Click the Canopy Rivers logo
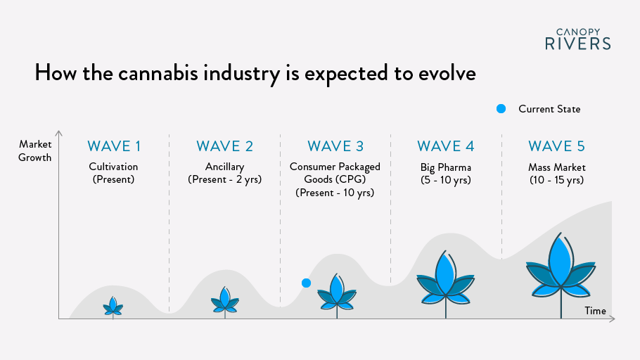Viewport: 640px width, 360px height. (x=578, y=39)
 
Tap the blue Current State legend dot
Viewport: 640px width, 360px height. (x=501, y=109)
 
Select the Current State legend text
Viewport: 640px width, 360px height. (x=549, y=109)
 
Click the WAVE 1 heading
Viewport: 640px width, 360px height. (x=114, y=146)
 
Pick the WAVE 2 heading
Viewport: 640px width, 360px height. (x=225, y=146)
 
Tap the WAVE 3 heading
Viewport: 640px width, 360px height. (x=335, y=146)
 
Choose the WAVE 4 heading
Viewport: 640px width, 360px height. (x=446, y=146)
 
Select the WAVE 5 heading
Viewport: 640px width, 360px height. (x=557, y=146)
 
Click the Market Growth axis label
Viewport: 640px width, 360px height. (x=35, y=150)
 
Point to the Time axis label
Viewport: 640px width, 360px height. (x=595, y=311)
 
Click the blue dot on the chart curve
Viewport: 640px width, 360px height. (x=306, y=283)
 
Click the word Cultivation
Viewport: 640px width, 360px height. (x=113, y=167)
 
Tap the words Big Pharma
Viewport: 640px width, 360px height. (x=446, y=167)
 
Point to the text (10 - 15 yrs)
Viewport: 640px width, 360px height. (x=557, y=180)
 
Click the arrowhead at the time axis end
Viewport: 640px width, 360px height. (x=613, y=319)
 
